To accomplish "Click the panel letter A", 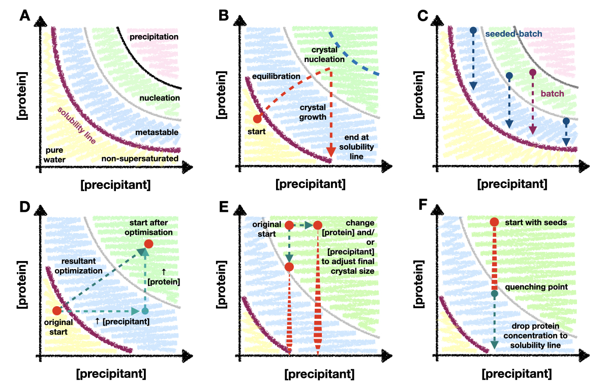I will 24,17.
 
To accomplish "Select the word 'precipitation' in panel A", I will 154,37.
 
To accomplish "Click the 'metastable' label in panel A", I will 157,133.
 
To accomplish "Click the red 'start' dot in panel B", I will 257,119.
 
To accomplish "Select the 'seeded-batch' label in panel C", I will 513,34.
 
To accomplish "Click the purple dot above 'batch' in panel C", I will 532,73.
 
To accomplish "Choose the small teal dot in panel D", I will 145,311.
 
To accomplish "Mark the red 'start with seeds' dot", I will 494,222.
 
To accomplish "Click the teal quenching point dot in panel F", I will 494,294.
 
